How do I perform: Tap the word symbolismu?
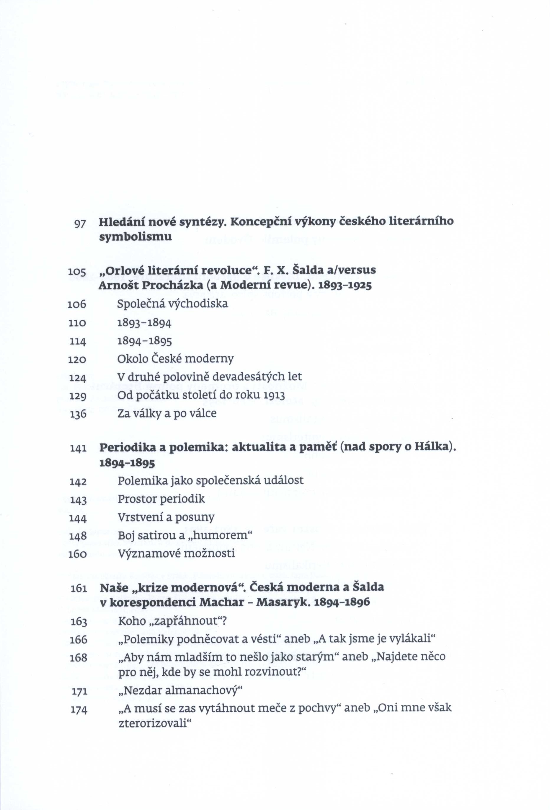coord(135,237)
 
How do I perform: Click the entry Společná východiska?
coord(172,304)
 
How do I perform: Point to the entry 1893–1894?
coord(144,323)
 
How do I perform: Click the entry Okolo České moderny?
coord(175,359)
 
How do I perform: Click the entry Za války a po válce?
coord(167,413)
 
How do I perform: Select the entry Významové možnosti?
coord(176,553)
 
